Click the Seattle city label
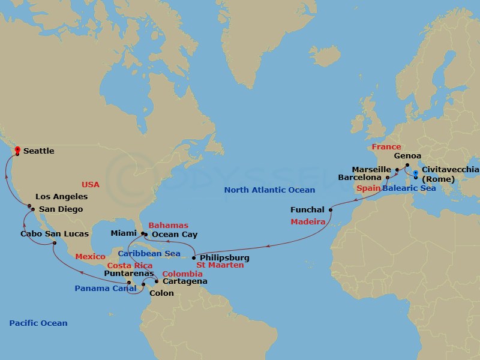[38, 151]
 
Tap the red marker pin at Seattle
[17, 149]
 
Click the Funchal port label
[307, 210]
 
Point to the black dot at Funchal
[331, 209]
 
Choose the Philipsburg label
[224, 258]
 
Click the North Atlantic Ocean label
[269, 190]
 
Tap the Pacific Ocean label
[38, 323]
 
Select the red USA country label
[91, 184]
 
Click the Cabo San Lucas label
[55, 234]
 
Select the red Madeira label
[308, 222]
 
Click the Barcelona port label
[360, 178]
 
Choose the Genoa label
[407, 156]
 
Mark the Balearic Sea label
[409, 188]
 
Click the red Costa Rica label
[130, 265]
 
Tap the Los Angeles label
[61, 197]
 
